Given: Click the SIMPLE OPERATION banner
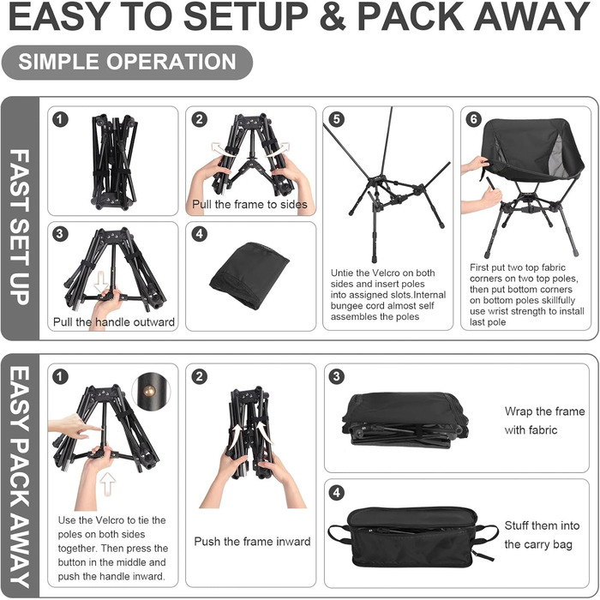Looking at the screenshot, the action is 127,63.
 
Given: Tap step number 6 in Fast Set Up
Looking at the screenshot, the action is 474,119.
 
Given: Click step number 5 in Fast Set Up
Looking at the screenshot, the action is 336,119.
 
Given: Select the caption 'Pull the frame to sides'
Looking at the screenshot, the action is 249,204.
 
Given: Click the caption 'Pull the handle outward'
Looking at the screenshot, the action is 114,321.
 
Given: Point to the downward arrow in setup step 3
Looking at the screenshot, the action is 101,282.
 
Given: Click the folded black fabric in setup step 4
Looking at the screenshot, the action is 249,275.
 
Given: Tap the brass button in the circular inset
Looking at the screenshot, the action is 149,391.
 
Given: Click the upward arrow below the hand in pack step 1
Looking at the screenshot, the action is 108,483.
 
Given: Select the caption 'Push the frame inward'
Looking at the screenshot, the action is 252,542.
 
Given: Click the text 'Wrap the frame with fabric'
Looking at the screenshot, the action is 544,421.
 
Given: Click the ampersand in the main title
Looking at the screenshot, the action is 333,17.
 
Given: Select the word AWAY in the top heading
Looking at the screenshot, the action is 532,17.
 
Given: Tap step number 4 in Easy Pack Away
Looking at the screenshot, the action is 336,492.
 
